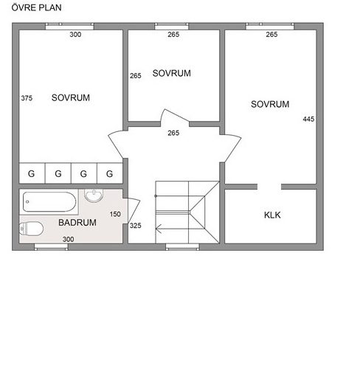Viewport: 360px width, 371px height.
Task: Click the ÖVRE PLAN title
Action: click(36, 7)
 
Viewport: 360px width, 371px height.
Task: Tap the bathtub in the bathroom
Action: click(49, 202)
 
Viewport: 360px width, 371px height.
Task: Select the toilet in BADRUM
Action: click(31, 229)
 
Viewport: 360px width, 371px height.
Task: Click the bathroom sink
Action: click(94, 195)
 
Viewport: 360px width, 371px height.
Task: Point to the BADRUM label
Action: click(77, 223)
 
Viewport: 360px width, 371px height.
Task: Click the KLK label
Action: click(272, 215)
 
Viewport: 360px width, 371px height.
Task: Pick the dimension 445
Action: click(308, 119)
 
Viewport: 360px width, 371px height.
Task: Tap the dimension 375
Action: click(27, 98)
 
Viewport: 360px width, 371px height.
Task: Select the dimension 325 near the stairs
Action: click(136, 226)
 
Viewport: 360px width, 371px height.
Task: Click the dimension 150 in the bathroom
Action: click(115, 214)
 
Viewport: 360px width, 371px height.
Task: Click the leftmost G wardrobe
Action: click(32, 173)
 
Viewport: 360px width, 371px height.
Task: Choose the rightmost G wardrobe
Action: click(110, 173)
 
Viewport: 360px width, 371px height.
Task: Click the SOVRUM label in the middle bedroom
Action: click(171, 73)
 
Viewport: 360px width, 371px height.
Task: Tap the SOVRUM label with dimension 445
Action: click(270, 104)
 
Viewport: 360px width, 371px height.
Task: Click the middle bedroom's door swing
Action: click(175, 115)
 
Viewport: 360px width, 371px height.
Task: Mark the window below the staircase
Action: click(182, 247)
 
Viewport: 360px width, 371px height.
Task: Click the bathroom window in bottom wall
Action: click(51, 247)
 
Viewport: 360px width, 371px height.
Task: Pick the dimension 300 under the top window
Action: click(75, 35)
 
